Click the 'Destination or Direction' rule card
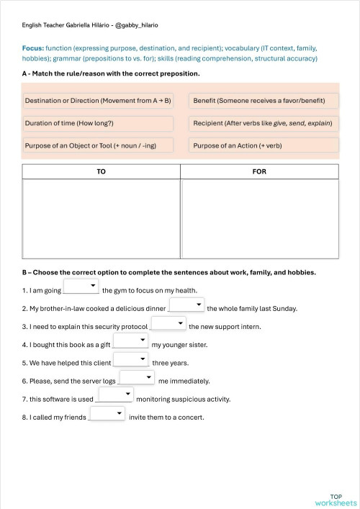click(98, 101)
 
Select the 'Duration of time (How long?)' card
click(98, 123)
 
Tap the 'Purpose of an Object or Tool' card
click(98, 145)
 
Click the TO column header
click(102, 172)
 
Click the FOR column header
click(259, 172)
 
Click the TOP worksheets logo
click(336, 500)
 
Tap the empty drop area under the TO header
click(102, 219)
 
